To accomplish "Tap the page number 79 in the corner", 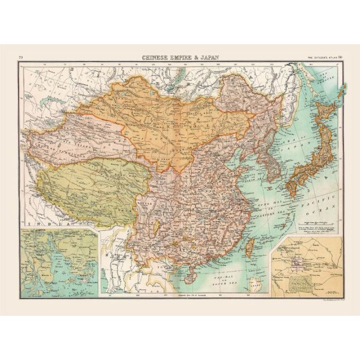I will pyautogui.click(x=21, y=58).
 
